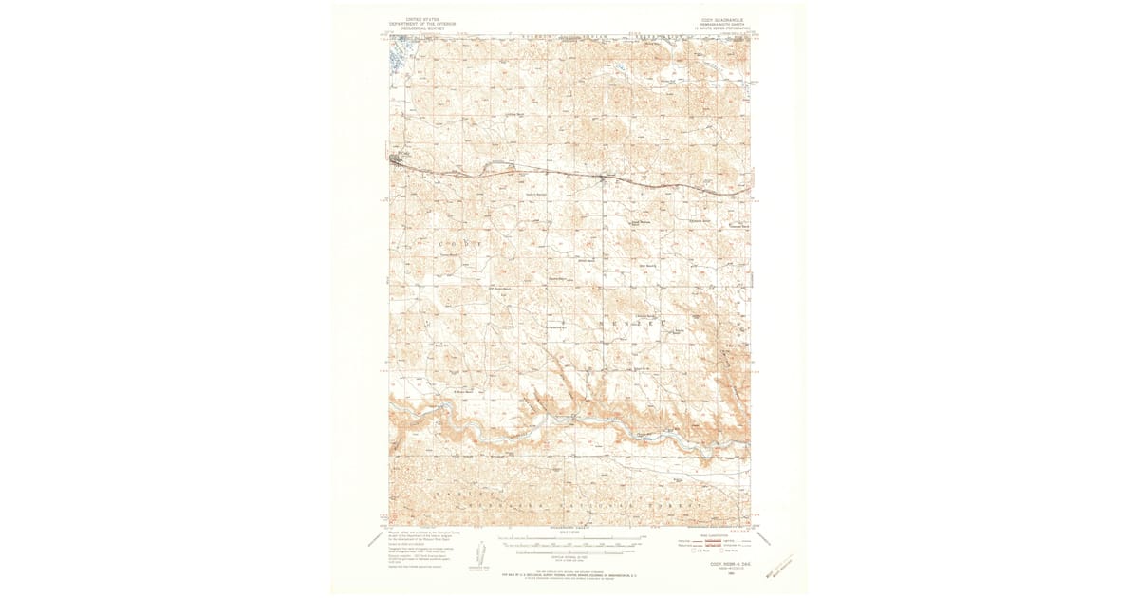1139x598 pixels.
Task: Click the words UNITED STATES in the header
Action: click(408, 18)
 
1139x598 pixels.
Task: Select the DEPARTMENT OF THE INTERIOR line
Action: click(408, 23)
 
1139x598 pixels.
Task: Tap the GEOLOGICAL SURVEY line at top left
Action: click(408, 28)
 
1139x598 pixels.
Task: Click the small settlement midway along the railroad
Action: click(603, 177)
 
